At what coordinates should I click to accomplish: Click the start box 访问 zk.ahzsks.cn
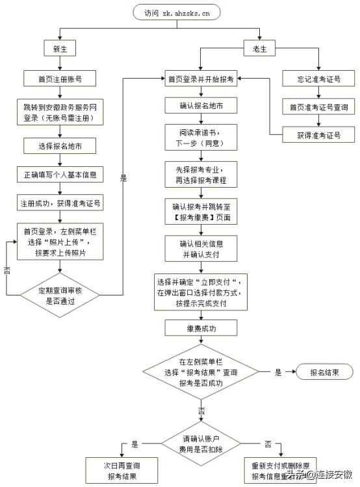pos(176,12)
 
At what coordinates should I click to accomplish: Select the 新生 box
pos(60,48)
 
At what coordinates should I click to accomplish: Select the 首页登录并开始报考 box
pos(200,79)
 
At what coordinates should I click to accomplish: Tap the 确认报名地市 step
pos(200,105)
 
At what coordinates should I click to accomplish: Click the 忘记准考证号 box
pos(318,79)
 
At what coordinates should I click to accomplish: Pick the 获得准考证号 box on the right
pos(318,135)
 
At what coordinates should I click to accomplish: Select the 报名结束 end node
pos(323,372)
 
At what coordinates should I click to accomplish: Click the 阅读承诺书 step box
pos(200,137)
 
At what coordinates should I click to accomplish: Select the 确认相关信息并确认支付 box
pos(200,249)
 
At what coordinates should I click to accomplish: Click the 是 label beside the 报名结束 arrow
pos(279,372)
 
